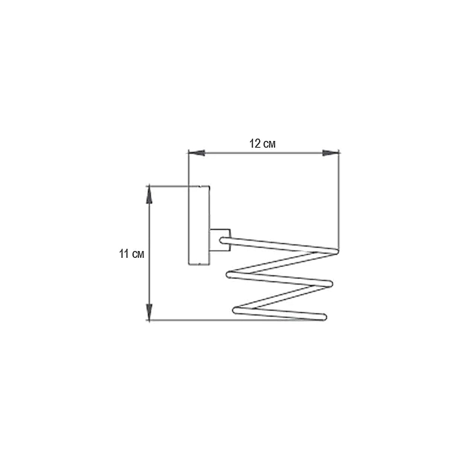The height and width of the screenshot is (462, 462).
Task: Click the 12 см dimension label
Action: click(x=262, y=144)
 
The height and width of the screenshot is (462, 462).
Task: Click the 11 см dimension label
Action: click(x=131, y=254)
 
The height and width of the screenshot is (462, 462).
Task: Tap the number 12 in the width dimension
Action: click(x=255, y=144)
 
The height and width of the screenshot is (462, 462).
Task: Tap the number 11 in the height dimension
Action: click(x=124, y=254)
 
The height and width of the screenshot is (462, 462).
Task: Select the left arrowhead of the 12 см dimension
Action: click(x=196, y=153)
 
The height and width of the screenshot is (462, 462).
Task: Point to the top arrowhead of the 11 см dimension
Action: click(x=149, y=195)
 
